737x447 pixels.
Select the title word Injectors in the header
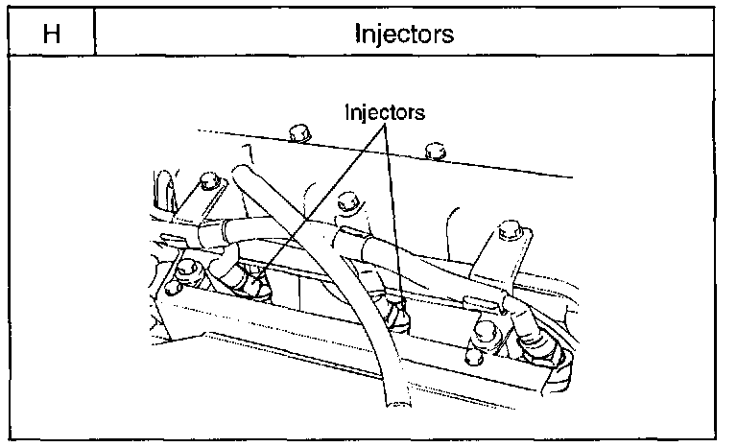tap(404, 35)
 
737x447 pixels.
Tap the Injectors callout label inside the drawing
tap(385, 112)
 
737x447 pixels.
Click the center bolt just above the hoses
tap(348, 202)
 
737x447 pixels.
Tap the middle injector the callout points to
tap(393, 309)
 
